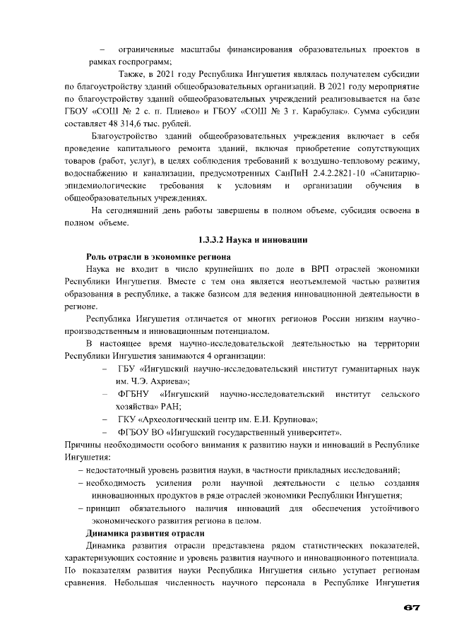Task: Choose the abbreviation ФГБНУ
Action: click(133, 393)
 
